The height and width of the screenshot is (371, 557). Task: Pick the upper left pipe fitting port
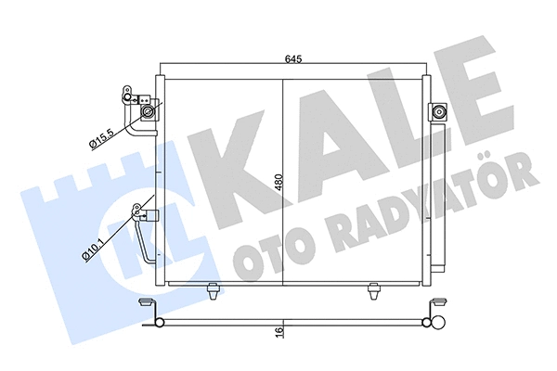click(147, 112)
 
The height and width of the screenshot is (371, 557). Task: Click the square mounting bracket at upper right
click(439, 112)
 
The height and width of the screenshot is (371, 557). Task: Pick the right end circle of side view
click(428, 323)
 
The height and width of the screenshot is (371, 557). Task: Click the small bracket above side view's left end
click(145, 303)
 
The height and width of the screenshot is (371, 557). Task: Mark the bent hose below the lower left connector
click(147, 249)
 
